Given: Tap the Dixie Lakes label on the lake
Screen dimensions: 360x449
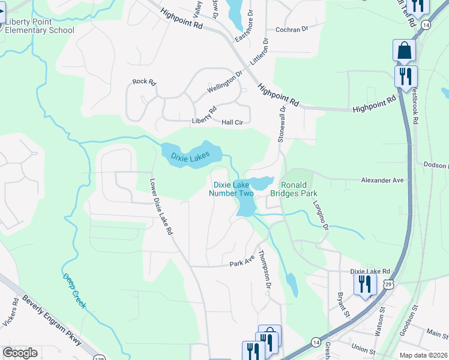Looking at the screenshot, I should [190, 158].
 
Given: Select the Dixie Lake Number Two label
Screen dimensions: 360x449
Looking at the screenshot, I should [231, 189].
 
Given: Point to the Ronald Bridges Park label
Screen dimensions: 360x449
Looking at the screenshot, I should [298, 189].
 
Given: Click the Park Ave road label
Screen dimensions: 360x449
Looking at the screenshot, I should [243, 263].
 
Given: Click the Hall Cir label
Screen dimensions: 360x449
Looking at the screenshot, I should [232, 122].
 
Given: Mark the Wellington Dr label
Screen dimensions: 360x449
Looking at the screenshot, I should [224, 82].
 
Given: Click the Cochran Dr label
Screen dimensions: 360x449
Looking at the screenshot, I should [291, 29].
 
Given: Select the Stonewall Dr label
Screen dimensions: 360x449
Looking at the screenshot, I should [282, 124].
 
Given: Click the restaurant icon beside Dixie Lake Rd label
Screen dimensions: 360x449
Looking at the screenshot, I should [364, 283].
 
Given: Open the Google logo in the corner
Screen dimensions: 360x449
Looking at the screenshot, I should [20, 353].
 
